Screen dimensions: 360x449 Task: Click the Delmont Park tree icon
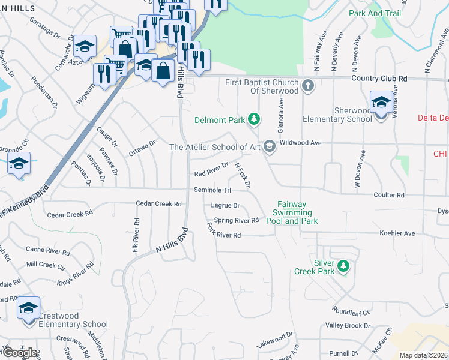tap(255, 119)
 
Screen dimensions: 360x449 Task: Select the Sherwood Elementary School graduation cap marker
tap(381, 103)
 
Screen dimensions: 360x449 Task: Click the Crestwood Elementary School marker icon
tap(28, 308)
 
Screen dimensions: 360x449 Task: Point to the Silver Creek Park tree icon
tap(343, 265)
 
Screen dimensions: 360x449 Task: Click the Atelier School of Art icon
tap(270, 146)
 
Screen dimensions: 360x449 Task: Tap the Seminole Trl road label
tap(212, 190)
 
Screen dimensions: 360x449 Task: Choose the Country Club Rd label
tap(379, 79)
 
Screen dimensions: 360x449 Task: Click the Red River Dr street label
tap(211, 169)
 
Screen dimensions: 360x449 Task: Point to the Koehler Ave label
tap(397, 233)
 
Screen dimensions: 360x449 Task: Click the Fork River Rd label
tap(224, 233)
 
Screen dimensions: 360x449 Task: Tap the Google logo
tap(19, 352)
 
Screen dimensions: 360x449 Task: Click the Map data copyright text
tap(423, 355)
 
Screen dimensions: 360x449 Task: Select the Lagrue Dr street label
tap(226, 206)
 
